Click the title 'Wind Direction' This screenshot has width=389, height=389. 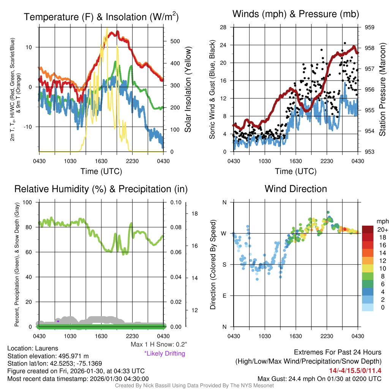[296, 189]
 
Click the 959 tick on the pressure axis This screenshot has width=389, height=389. [370, 27]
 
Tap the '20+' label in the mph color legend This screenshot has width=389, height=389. [383, 230]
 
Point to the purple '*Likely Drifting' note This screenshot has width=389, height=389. [164, 353]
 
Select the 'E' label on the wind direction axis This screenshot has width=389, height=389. [225, 296]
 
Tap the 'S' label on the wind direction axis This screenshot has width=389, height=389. [225, 264]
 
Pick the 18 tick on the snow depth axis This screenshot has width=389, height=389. [194, 213]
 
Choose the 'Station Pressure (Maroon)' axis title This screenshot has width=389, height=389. [383, 89]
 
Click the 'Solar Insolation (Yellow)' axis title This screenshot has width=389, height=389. [188, 89]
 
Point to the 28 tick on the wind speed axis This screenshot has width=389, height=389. [223, 27]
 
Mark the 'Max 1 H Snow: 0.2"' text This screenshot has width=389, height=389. [159, 345]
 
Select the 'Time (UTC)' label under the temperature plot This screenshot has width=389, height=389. [101, 171]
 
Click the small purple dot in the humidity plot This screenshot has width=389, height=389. [58, 321]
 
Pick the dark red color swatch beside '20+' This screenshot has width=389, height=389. [368, 229]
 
